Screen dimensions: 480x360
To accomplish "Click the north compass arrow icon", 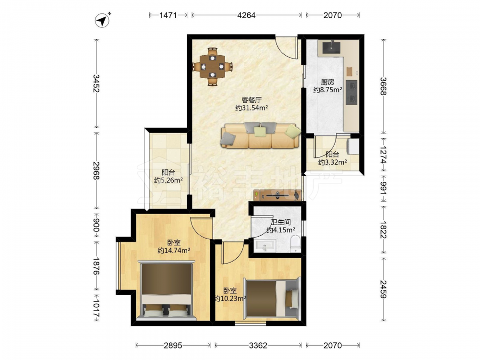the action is click(x=103, y=20).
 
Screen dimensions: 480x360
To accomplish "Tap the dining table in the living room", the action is click(x=212, y=66).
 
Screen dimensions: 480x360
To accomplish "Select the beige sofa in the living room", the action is click(x=260, y=135).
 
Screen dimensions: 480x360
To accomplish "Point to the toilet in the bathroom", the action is click(x=295, y=243).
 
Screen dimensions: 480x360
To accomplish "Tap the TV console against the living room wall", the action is click(x=277, y=195).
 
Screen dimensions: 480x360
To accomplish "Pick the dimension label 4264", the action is click(x=246, y=15).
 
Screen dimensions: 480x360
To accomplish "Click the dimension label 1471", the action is click(x=168, y=15).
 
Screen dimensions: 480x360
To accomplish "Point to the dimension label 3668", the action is click(x=383, y=86).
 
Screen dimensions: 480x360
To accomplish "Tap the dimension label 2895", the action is click(x=173, y=346).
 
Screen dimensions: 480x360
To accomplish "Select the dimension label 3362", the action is click(x=258, y=346).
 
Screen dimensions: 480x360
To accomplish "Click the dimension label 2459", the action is click(x=383, y=289).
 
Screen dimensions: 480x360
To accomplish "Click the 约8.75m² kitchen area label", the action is click(x=327, y=90).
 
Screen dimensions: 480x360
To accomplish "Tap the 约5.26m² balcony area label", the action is click(x=168, y=180).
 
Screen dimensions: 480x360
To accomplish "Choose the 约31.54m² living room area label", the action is click(x=252, y=108).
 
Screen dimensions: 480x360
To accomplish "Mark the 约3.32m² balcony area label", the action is click(x=333, y=162).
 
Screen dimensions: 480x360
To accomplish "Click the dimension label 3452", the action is click(x=96, y=83).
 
